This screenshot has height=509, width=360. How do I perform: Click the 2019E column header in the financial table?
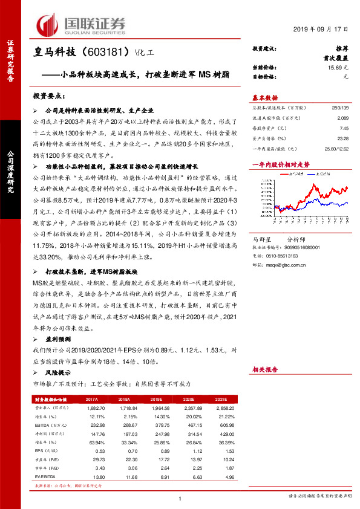157,400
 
